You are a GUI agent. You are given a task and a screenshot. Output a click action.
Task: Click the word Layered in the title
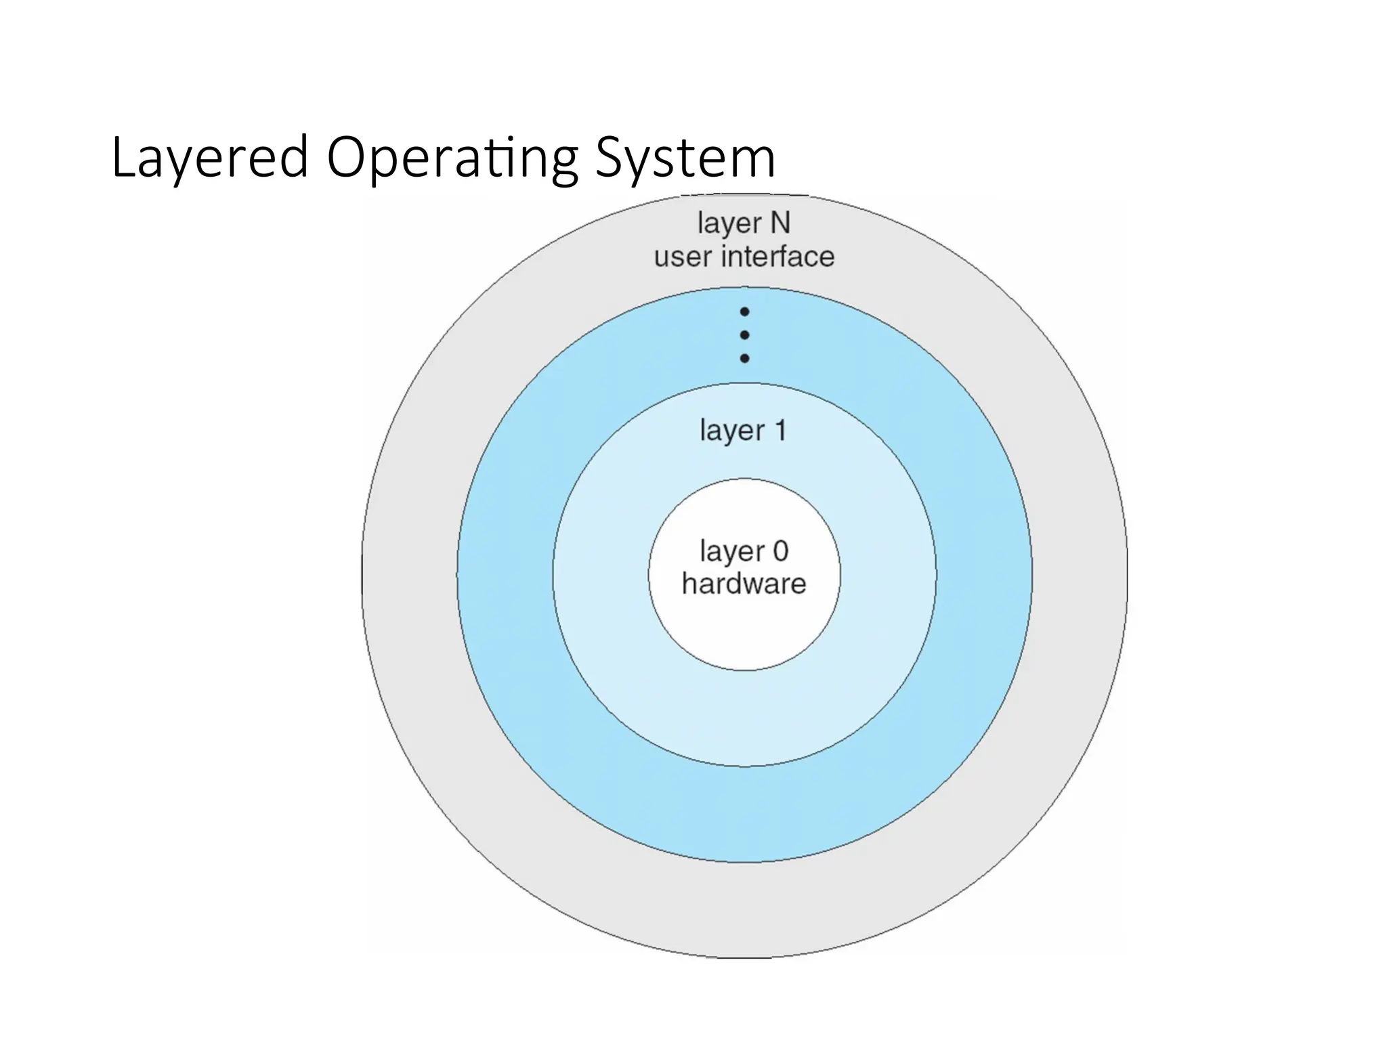tap(210, 158)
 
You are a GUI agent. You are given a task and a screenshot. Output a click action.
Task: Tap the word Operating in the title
tap(452, 158)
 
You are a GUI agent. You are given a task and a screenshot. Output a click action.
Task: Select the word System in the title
tap(685, 158)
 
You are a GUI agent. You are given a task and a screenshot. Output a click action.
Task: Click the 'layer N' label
tap(744, 223)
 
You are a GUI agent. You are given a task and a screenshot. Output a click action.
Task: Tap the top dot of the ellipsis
tap(744, 312)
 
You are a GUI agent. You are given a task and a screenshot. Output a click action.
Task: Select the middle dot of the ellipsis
tap(744, 335)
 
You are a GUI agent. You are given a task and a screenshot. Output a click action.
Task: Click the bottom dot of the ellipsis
tap(744, 358)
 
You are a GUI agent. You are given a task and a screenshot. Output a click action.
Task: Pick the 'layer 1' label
tap(743, 431)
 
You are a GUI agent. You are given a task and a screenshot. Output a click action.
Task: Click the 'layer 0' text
tap(744, 552)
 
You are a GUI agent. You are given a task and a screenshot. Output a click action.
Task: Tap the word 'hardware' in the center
tap(744, 584)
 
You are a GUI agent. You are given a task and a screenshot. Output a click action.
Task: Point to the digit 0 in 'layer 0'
tap(780, 551)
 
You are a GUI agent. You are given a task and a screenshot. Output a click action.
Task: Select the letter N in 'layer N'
tap(780, 223)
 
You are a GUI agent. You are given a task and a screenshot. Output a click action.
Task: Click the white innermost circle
tap(744, 630)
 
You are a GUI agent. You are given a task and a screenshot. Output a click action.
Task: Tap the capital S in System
tap(610, 158)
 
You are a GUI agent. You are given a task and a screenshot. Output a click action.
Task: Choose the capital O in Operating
tap(345, 158)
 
